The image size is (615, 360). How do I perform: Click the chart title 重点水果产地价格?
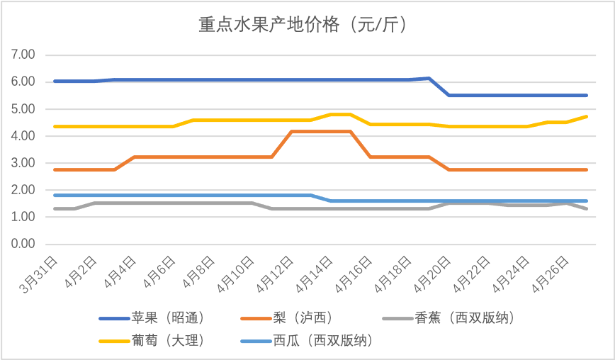(302, 26)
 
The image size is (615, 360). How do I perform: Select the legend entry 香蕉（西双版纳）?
(464, 318)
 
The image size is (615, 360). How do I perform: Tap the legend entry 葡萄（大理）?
(167, 341)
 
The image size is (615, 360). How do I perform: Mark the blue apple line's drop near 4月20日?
(439, 86)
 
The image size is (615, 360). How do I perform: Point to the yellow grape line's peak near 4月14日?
(341, 114)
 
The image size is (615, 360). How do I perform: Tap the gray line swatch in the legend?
(396, 318)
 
